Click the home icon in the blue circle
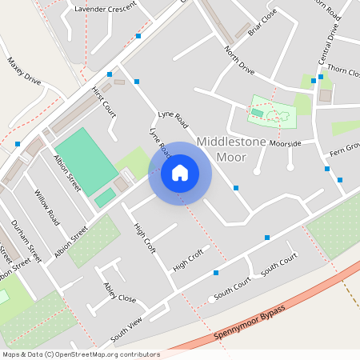[x=180, y=172]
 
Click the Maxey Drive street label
[x=23, y=70]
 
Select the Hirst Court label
[x=104, y=102]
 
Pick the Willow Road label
[x=47, y=206]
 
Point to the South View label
[x=126, y=329]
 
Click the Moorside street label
[x=284, y=144]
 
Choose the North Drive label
[x=239, y=61]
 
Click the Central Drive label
[x=328, y=44]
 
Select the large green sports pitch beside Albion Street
[x=83, y=160]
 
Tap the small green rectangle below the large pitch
[x=105, y=198]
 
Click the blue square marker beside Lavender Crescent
[x=138, y=36]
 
